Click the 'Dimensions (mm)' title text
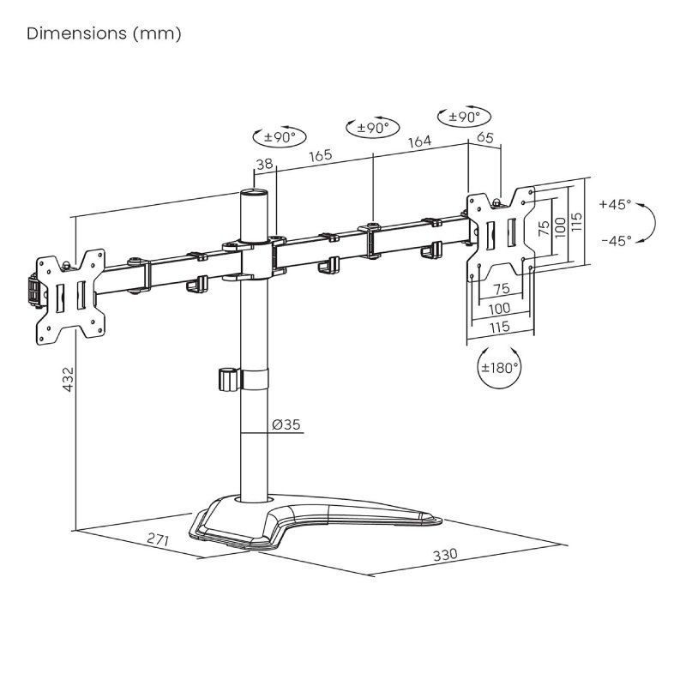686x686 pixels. [x=104, y=33]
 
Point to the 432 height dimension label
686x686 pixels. [x=68, y=382]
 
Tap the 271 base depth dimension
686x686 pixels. [x=156, y=540]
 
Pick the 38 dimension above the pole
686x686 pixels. [x=264, y=165]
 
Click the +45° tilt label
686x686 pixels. [x=615, y=204]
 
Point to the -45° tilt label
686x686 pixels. [x=615, y=241]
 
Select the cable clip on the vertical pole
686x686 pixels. [x=228, y=380]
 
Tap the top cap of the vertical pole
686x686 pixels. [x=253, y=196]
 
